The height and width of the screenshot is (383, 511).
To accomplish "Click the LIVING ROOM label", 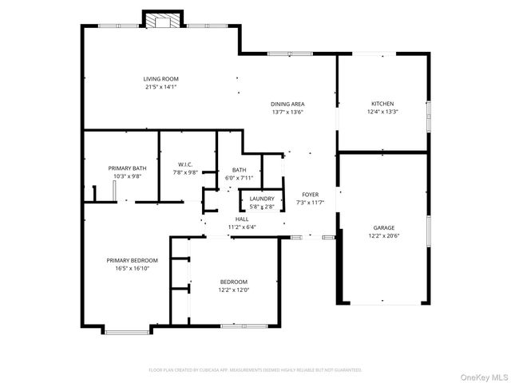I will [160, 79].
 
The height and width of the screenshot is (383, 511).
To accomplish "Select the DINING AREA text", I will [287, 104].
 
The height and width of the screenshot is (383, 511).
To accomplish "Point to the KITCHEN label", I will [382, 104].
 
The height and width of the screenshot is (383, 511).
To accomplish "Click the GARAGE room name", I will [384, 227].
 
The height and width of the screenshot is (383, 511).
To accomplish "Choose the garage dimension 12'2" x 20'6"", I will [384, 236].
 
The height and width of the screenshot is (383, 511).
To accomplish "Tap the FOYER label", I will [311, 195].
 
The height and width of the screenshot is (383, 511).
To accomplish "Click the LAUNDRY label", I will [262, 199].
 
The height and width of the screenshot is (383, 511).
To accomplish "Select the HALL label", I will [242, 219].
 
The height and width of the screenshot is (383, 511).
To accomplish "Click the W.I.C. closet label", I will [185, 164].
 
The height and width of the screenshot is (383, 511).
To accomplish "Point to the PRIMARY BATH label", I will [128, 168].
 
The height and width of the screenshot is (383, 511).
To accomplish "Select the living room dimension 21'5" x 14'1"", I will [160, 87].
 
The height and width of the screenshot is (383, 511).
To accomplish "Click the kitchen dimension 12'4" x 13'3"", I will [382, 112].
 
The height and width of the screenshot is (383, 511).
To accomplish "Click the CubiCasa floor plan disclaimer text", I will [255, 370].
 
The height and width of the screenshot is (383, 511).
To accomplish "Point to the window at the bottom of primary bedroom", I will [126, 332].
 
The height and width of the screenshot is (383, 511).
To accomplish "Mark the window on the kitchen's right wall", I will [428, 116].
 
